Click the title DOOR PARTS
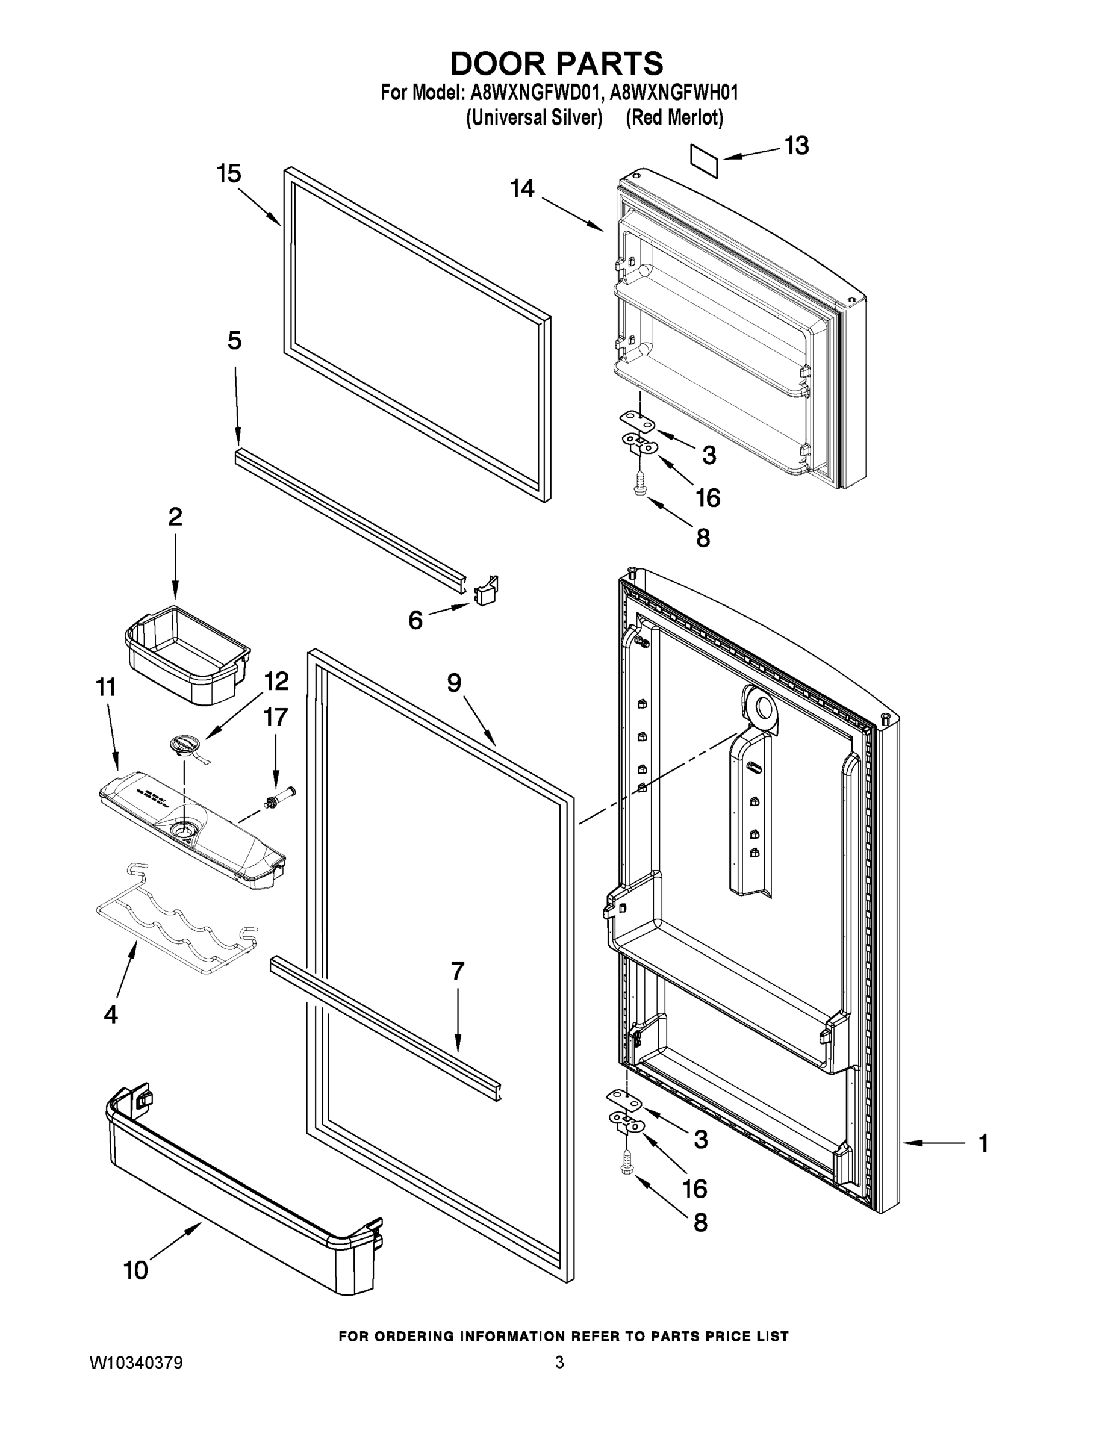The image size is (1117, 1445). coord(556,64)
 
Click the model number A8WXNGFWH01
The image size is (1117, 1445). coord(673,92)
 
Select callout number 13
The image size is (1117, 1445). coord(796,146)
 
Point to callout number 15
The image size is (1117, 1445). coord(229,174)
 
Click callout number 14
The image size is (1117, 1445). coord(522,188)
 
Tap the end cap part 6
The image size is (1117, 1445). coord(487,590)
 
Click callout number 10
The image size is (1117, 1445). coord(135,1270)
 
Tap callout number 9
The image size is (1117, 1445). coord(454,683)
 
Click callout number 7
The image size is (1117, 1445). coord(457,971)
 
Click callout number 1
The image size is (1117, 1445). coord(983,1143)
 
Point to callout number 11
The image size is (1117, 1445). coord(106,688)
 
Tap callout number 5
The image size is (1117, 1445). coord(234,341)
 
